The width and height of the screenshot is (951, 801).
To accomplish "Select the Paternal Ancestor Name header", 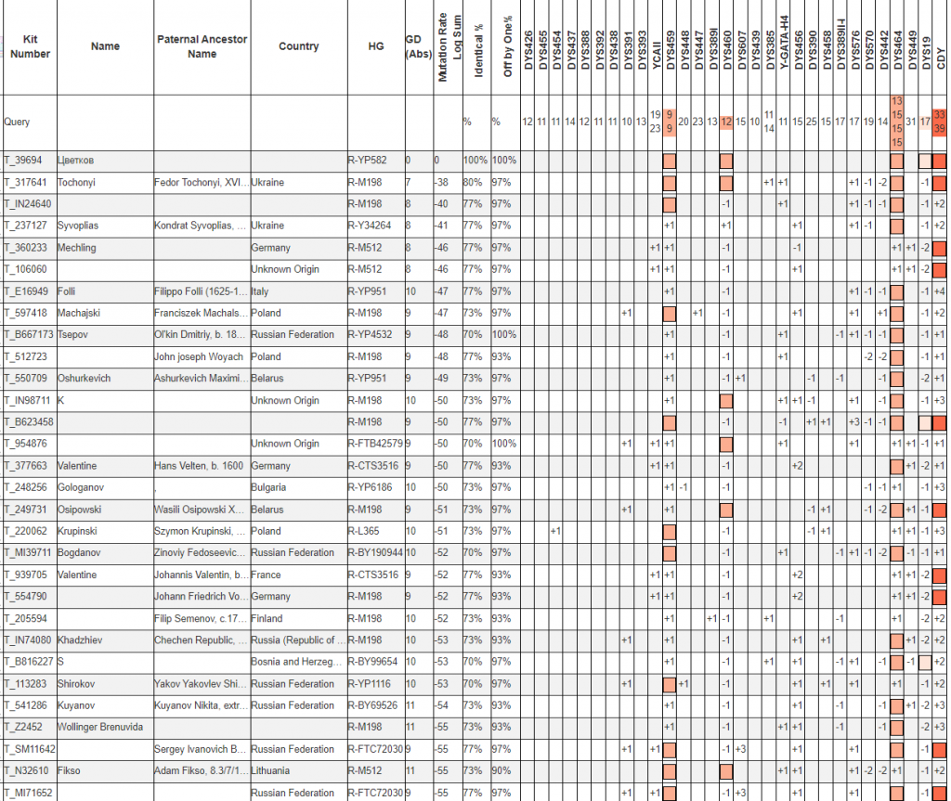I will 202,46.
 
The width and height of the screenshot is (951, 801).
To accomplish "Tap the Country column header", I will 298,46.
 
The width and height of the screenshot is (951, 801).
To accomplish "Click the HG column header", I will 375,46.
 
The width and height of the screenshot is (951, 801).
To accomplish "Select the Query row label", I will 17,122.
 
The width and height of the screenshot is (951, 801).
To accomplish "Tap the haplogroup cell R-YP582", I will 368,161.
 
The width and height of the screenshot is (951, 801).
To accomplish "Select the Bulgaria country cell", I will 269,487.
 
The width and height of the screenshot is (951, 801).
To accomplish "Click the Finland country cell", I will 267,619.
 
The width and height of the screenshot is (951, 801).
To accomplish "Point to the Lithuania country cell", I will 272,771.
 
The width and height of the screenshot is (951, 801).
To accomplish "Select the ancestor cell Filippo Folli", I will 198,291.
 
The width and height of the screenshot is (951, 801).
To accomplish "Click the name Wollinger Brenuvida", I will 101,728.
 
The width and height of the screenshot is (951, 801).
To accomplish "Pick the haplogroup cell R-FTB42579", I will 375,444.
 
